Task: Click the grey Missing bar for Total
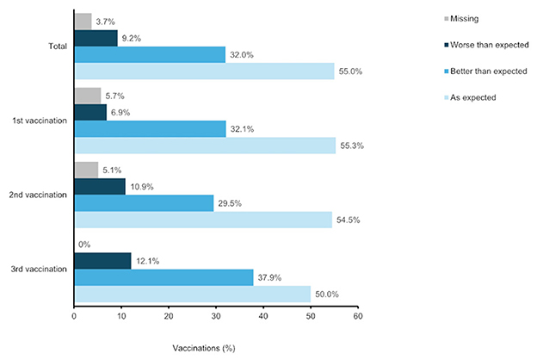coord(83,22)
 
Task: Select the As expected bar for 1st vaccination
coord(205,146)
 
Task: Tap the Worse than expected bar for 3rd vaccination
coord(102,261)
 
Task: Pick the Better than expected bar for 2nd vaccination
coord(144,203)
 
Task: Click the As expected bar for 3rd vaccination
coord(193,295)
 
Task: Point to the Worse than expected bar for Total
coord(96,38)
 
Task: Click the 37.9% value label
coord(271,277)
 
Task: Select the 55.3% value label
coord(353,146)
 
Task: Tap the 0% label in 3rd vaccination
coord(84,245)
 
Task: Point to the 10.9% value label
coord(143,187)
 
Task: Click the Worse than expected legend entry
coord(466,42)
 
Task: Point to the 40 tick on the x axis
coord(263,318)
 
